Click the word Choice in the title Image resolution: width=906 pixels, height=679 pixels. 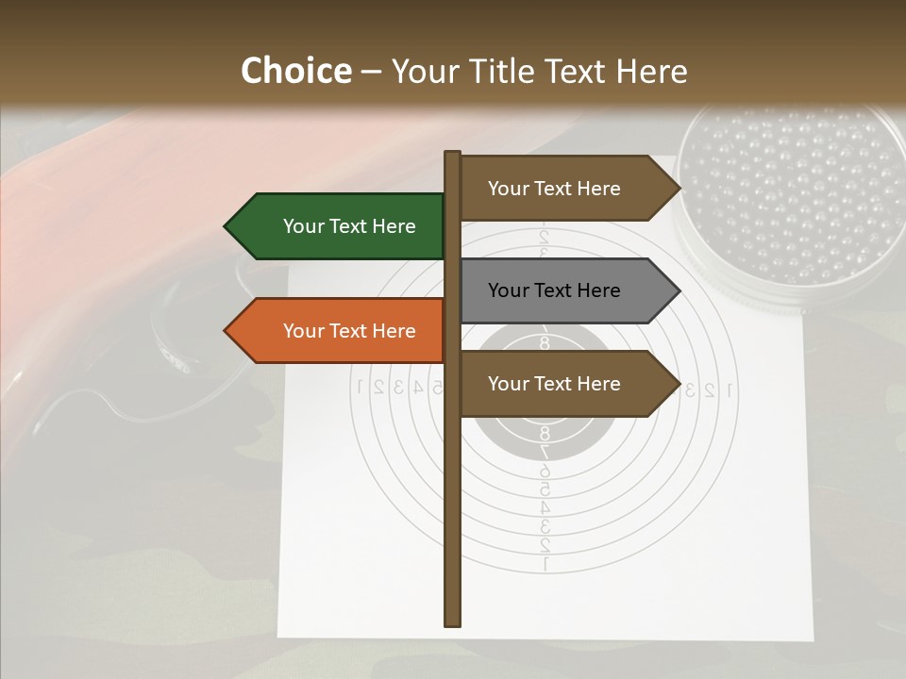[295, 72]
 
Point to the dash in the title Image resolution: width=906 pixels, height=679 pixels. [371, 73]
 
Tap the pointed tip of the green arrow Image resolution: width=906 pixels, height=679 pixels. [226, 226]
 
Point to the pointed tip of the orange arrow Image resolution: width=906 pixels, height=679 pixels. [226, 331]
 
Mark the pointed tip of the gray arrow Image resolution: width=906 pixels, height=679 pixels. [678, 290]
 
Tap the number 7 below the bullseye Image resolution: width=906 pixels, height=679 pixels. [545, 452]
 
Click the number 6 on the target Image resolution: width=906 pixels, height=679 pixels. [545, 471]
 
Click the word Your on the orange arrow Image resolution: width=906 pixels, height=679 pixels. [303, 331]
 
